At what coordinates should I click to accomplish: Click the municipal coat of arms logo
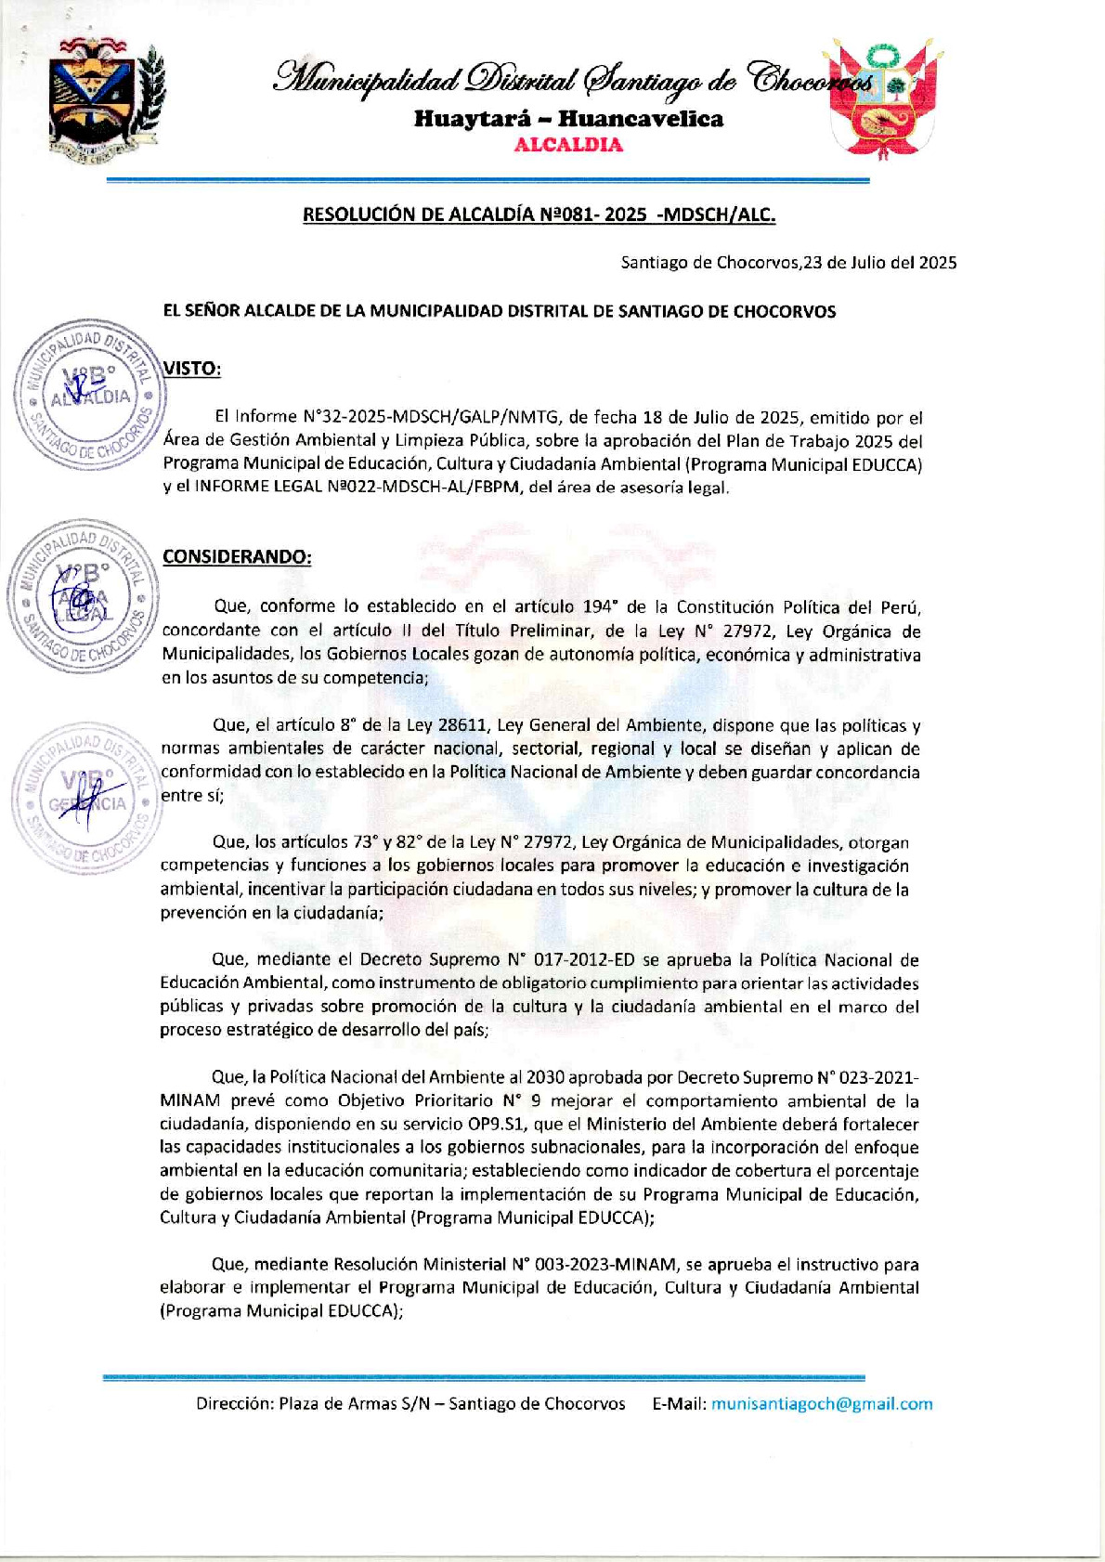coord(104,100)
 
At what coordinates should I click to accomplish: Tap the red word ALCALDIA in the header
coord(568,145)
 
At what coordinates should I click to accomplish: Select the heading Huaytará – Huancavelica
coord(568,119)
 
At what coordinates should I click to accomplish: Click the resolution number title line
coord(539,215)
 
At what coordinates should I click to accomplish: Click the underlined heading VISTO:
coord(192,369)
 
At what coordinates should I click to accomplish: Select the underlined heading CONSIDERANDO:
coord(237,557)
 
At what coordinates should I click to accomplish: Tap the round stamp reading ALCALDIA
coord(89,394)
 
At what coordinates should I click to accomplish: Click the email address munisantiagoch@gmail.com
coord(822,1404)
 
